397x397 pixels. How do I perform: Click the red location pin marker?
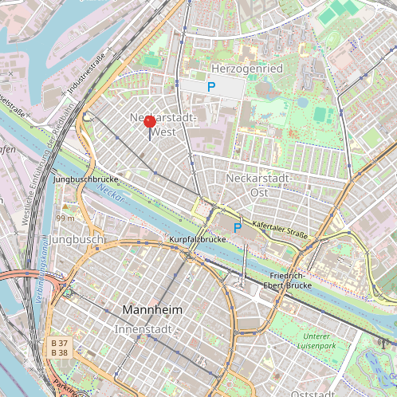pyautogui.click(x=150, y=122)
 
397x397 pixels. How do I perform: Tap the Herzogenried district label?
pyautogui.click(x=247, y=69)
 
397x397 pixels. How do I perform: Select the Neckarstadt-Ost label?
pyautogui.click(x=258, y=184)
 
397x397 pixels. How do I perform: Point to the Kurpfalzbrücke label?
pyautogui.click(x=198, y=239)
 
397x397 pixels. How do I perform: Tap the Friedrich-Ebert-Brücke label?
pyautogui.click(x=290, y=280)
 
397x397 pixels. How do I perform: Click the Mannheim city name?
pyautogui.click(x=152, y=309)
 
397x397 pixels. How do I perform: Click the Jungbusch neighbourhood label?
pyautogui.click(x=76, y=239)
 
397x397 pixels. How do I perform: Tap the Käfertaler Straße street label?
pyautogui.click(x=280, y=230)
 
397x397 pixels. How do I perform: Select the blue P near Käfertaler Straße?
pyautogui.click(x=237, y=228)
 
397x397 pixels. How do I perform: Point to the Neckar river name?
pyautogui.click(x=110, y=194)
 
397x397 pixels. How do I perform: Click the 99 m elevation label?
pyautogui.click(x=65, y=218)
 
